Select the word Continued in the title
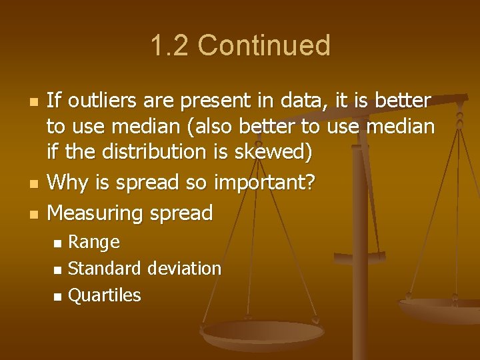(264, 46)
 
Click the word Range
(94, 242)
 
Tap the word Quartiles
(105, 295)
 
